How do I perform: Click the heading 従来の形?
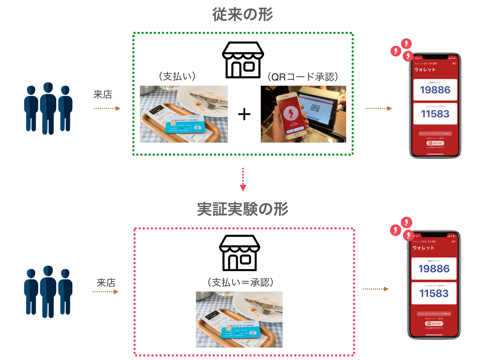(242, 14)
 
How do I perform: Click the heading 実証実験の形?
(242, 209)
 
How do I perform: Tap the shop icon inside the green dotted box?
(243, 60)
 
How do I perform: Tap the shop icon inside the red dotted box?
(239, 253)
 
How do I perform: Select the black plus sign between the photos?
(244, 114)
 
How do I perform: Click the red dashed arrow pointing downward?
(243, 179)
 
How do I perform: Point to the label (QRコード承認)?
(303, 77)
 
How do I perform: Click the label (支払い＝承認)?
(240, 282)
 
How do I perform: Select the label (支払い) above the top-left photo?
(177, 76)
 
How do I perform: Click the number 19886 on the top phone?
(435, 90)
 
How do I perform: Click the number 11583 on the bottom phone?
(434, 293)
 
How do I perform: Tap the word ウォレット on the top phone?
(425, 70)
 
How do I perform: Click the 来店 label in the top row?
(103, 95)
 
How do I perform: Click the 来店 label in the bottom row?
(106, 283)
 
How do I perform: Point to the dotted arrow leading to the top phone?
(379, 108)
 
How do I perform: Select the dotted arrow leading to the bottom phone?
(376, 289)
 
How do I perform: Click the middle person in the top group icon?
(48, 108)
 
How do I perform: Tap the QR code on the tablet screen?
(315, 108)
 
